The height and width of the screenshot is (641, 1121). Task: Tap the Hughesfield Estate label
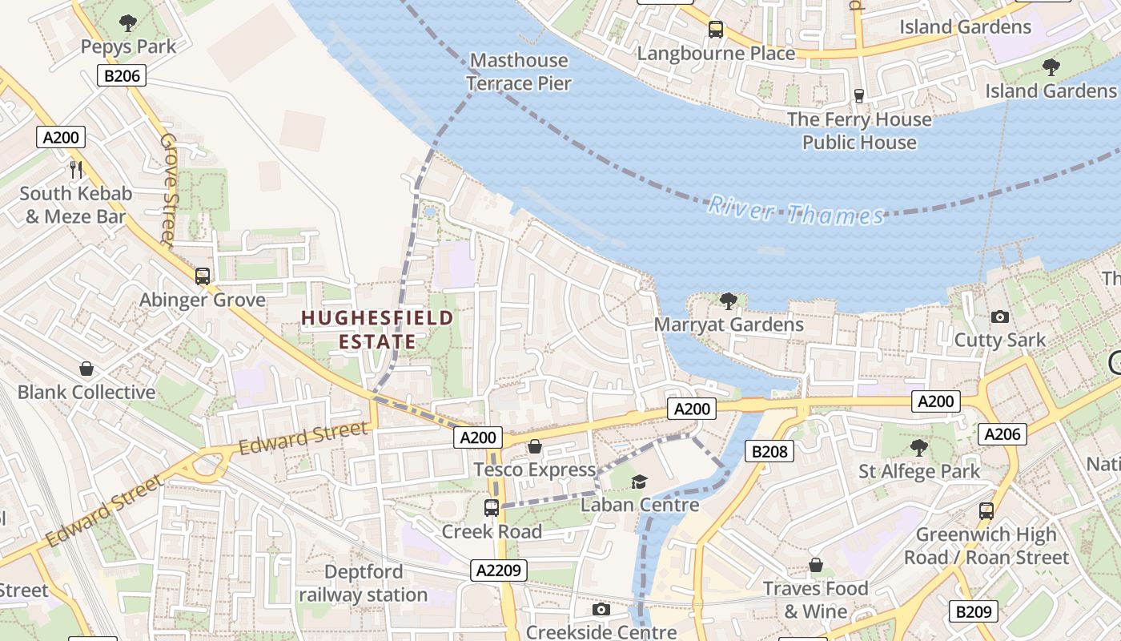point(377,330)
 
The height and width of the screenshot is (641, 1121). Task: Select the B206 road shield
point(120,76)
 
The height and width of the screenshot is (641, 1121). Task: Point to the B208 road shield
point(769,451)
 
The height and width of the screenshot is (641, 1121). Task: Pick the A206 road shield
point(1002,434)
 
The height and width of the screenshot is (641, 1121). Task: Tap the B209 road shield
point(973,611)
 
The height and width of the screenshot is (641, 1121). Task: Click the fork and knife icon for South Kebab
point(76,169)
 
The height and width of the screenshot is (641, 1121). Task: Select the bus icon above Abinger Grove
point(203,276)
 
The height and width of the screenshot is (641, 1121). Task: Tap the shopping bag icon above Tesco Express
point(534,446)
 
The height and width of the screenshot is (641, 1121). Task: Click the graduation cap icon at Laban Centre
point(639,482)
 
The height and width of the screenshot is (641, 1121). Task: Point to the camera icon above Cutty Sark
point(999,317)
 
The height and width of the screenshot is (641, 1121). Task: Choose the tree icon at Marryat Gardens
point(728,301)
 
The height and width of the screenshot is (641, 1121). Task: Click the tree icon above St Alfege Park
point(918,447)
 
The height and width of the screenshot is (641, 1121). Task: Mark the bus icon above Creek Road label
point(492,508)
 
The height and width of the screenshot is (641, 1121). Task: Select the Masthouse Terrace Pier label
point(519,71)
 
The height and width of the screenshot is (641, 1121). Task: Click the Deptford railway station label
point(364,583)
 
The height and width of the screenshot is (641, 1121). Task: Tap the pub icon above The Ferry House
point(859,96)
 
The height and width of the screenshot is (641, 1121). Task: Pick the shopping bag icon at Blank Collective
point(86,369)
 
